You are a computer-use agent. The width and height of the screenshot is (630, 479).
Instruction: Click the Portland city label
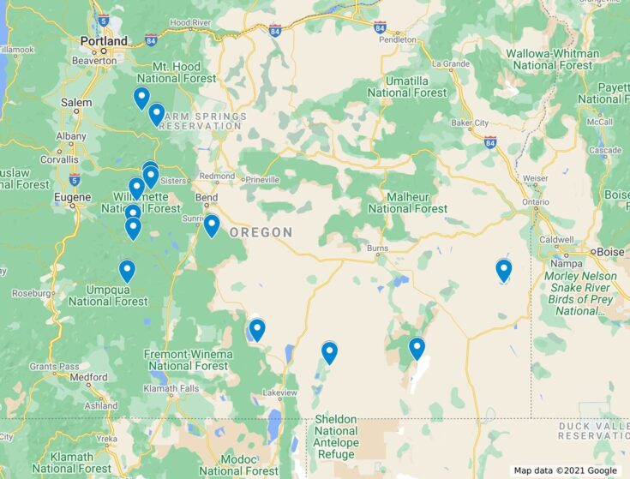point(104,41)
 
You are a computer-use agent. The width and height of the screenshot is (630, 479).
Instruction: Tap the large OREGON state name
point(261,232)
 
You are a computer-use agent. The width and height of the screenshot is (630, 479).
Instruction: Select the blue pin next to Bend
point(212,225)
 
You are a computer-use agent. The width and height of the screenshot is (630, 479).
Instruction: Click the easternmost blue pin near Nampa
point(504,270)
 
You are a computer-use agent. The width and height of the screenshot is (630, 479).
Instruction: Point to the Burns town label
point(377,248)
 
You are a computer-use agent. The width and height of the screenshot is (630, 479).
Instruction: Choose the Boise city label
point(610,252)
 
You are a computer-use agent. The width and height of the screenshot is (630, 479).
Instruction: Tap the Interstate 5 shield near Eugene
point(75,179)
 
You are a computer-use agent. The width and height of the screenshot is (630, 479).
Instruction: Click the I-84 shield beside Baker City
point(489,141)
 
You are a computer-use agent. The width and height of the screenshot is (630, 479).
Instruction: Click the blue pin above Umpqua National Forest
point(127,271)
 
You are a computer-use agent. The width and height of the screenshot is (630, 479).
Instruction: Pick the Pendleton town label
point(398,39)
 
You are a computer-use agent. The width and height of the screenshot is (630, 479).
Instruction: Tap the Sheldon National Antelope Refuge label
point(335,431)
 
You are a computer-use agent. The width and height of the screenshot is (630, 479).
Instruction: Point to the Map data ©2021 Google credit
point(565,470)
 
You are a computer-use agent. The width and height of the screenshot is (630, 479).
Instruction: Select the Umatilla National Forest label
point(408,87)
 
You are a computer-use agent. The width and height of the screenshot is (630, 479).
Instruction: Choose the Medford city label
point(89,376)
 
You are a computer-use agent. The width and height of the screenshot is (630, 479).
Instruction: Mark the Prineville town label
point(261,180)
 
